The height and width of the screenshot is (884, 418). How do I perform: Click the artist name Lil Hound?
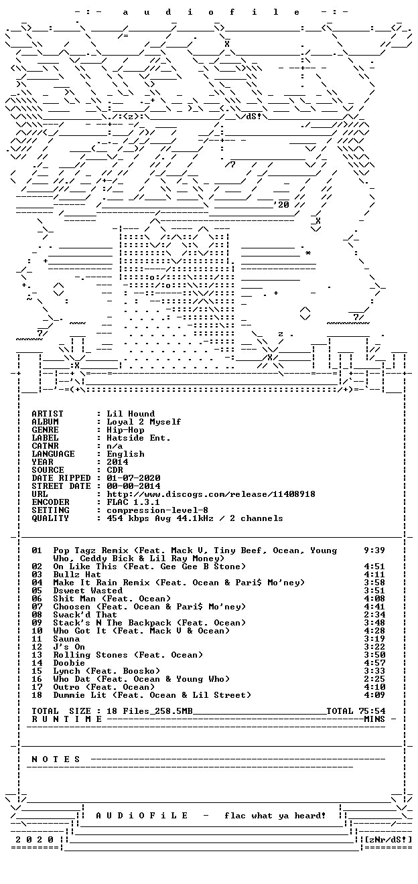click(x=131, y=414)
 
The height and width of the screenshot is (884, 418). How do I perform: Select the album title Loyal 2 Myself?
click(x=144, y=422)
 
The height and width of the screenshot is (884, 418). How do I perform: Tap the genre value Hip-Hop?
click(x=125, y=430)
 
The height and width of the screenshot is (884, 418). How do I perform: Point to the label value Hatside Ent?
click(x=139, y=438)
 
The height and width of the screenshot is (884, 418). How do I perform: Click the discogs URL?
click(x=211, y=494)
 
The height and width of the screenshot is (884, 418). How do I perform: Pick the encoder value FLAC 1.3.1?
click(x=133, y=502)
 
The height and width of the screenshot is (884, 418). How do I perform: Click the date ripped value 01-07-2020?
click(x=133, y=478)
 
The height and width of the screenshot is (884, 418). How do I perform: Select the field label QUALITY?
click(x=50, y=518)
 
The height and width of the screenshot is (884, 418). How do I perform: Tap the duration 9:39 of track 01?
click(x=374, y=550)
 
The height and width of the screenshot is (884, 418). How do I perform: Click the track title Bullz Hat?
click(x=77, y=574)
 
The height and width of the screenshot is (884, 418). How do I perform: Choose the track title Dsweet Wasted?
click(x=88, y=591)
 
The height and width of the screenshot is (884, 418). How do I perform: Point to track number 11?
click(x=37, y=638)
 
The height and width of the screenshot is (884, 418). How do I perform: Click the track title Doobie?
click(x=69, y=662)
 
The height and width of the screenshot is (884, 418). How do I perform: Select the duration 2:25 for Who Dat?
click(x=374, y=679)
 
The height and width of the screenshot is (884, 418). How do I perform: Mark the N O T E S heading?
click(x=56, y=759)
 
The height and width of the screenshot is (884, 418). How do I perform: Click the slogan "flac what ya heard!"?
click(x=275, y=815)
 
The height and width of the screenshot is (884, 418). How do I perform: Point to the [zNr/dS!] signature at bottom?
click(x=389, y=839)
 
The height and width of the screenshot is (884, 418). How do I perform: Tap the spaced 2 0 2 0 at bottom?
click(x=34, y=839)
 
